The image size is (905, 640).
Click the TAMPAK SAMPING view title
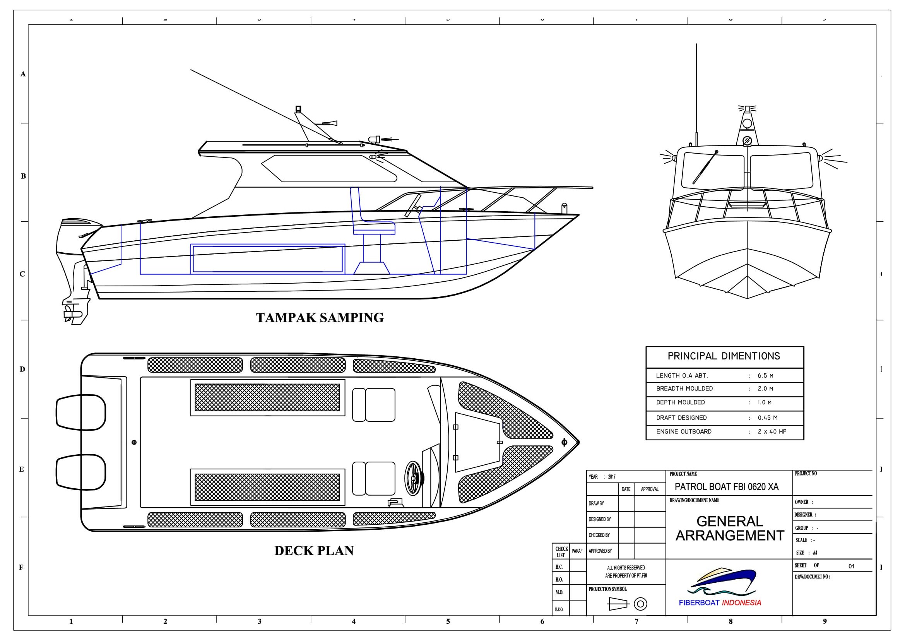click(320, 318)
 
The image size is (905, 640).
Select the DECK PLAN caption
click(314, 551)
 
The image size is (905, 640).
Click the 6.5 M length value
click(765, 376)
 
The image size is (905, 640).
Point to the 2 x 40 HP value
click(772, 431)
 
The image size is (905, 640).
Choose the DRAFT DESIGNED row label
click(681, 418)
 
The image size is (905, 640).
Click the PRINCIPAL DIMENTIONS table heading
click(724, 356)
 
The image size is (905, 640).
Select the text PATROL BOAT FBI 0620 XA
click(727, 487)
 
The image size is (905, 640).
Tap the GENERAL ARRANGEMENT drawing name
click(730, 529)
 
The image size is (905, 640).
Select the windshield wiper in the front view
click(704, 168)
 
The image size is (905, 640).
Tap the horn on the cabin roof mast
click(330, 124)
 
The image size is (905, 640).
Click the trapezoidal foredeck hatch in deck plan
click(478, 442)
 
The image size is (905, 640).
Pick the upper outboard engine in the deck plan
click(81, 412)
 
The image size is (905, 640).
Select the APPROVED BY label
click(600, 551)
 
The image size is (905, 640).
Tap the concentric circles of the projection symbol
click(640, 604)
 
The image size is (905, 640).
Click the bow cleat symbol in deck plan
click(564, 442)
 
